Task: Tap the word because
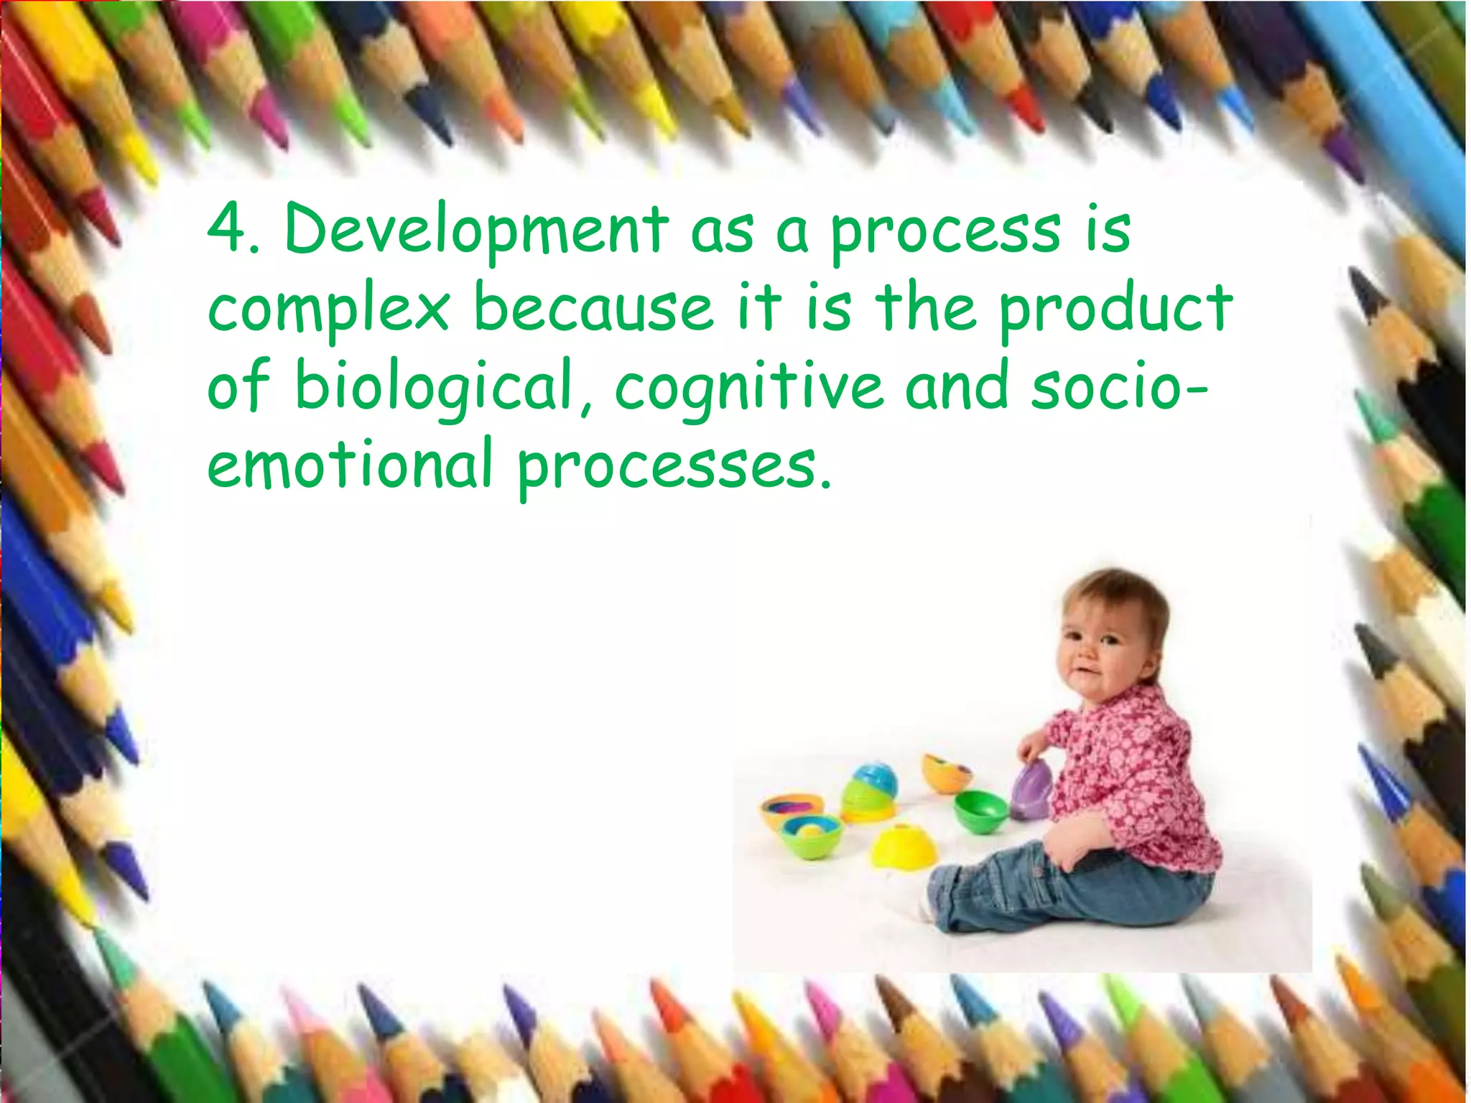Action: coord(593,309)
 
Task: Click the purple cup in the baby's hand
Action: coord(1033,791)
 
